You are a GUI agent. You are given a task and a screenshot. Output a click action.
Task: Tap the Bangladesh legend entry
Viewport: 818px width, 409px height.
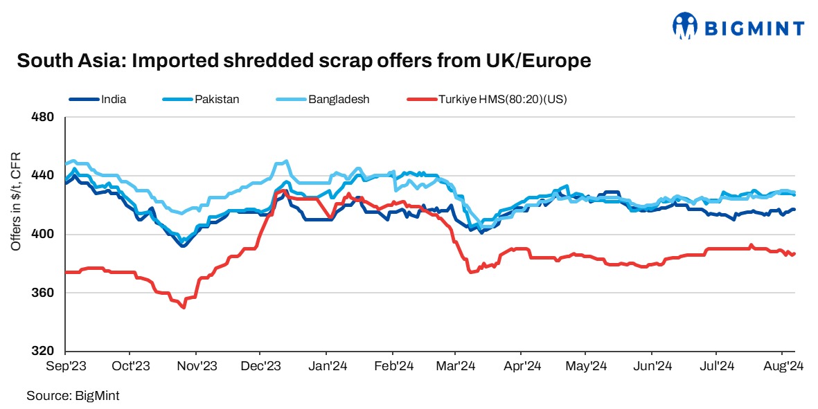(x=339, y=99)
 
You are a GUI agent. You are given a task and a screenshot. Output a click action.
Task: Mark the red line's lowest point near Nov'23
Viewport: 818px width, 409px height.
(x=184, y=307)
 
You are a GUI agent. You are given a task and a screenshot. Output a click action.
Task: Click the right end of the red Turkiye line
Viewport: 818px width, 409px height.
(x=794, y=254)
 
